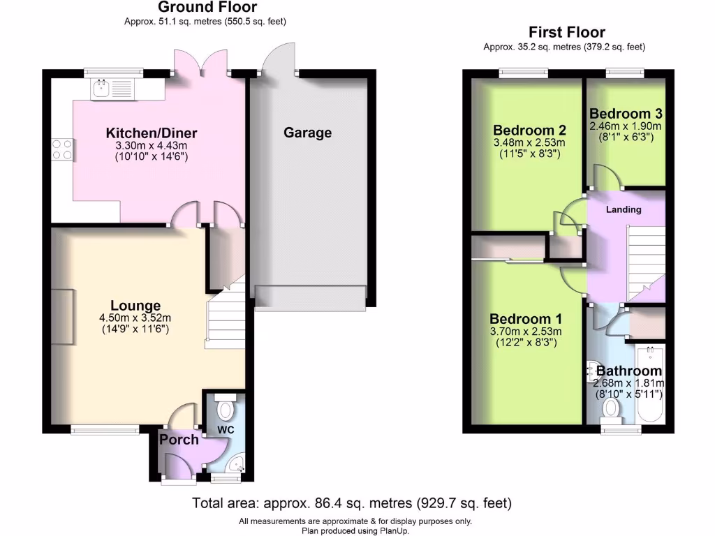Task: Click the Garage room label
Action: (x=307, y=133)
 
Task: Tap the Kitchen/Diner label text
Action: (x=152, y=133)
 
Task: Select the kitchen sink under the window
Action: (x=102, y=89)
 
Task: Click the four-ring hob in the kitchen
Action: (x=61, y=149)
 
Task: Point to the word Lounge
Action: (x=135, y=306)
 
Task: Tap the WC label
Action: (x=225, y=430)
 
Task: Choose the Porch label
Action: (x=179, y=440)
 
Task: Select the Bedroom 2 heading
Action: (x=529, y=131)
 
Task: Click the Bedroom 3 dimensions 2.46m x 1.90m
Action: (x=626, y=126)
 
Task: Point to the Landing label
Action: (x=624, y=209)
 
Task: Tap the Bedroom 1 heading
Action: (x=524, y=318)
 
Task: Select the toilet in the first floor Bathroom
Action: (x=612, y=408)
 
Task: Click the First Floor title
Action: (x=566, y=32)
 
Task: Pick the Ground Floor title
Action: (x=207, y=8)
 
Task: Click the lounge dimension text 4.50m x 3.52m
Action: (x=135, y=318)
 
